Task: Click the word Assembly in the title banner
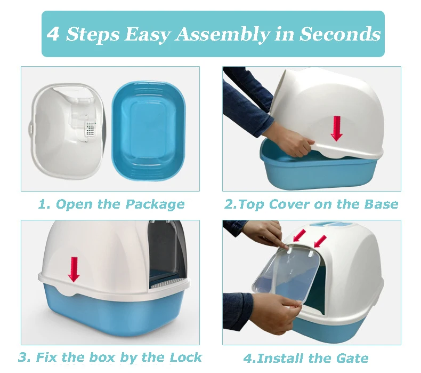pos(223,35)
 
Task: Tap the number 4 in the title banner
pos(53,34)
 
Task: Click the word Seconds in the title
pos(340,34)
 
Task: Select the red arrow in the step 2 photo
pos(336,129)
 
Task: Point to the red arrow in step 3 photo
pos(74,269)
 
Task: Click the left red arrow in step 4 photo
pos(299,235)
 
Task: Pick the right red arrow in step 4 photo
pos(320,241)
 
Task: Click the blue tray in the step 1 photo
pos(149,131)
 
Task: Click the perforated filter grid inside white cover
pos(91,129)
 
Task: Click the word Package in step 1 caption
pos(155,204)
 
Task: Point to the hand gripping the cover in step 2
pos(297,144)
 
